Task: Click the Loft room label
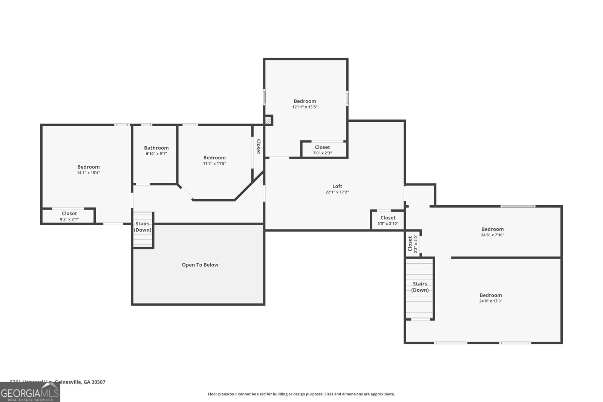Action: [337, 186]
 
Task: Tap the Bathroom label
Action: [156, 148]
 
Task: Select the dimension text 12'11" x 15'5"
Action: [305, 107]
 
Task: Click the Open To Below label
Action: [200, 265]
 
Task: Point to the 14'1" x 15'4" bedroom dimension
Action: [88, 173]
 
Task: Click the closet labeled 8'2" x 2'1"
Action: [69, 216]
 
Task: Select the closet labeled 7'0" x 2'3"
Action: [322, 150]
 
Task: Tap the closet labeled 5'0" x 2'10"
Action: [388, 220]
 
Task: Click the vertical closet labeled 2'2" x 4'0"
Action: [412, 244]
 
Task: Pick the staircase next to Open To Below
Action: [143, 230]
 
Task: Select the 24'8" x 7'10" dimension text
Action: [492, 235]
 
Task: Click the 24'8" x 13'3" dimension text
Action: [490, 301]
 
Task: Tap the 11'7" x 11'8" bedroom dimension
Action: [214, 164]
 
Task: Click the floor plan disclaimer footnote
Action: [301, 394]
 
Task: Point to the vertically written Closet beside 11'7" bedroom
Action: [258, 147]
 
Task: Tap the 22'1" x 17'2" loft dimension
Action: [337, 192]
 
